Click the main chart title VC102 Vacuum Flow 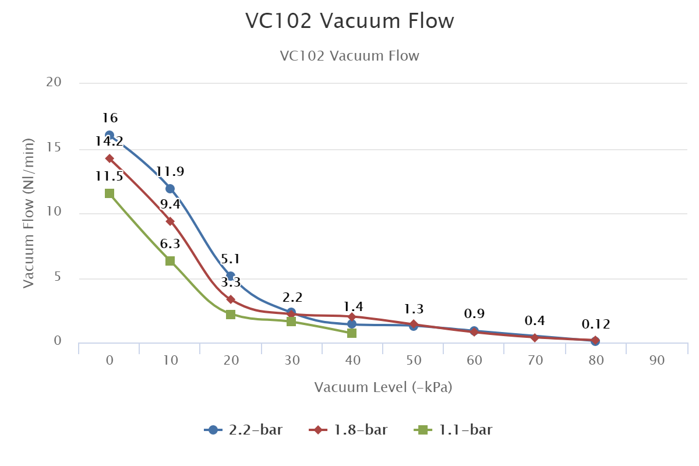pyautogui.click(x=349, y=21)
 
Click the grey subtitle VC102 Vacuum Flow pyautogui.click(x=349, y=56)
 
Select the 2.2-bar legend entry pyautogui.click(x=244, y=430)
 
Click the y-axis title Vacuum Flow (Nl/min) pyautogui.click(x=29, y=213)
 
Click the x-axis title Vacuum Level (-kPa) pyautogui.click(x=383, y=387)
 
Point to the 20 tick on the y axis pyautogui.click(x=54, y=83)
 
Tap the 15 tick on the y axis pyautogui.click(x=54, y=148)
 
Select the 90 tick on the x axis pyautogui.click(x=656, y=361)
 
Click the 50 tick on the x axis pyautogui.click(x=414, y=361)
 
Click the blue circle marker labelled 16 pyautogui.click(x=110, y=135)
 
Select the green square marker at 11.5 pyautogui.click(x=110, y=193)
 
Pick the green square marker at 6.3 pyautogui.click(x=170, y=261)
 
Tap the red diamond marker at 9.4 pyautogui.click(x=170, y=221)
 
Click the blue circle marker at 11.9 pyautogui.click(x=170, y=189)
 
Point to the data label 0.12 pyautogui.click(x=595, y=324)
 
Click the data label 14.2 pyautogui.click(x=110, y=142)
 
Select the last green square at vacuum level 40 pyautogui.click(x=352, y=333)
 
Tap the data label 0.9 pyautogui.click(x=474, y=315)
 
